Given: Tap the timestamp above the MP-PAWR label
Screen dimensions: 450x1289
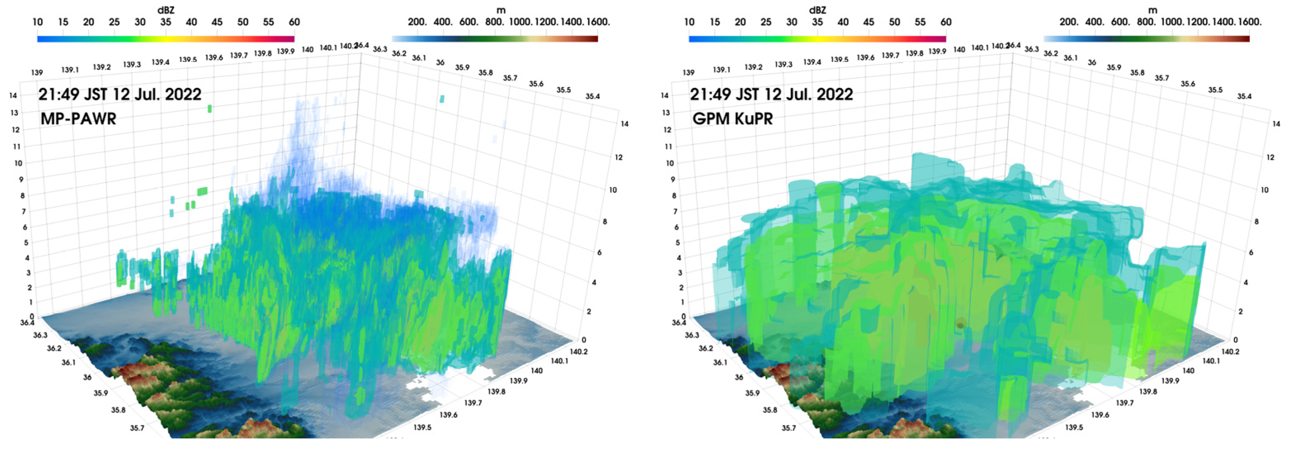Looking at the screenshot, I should tap(120, 94).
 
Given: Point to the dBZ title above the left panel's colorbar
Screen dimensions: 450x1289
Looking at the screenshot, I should tap(166, 9).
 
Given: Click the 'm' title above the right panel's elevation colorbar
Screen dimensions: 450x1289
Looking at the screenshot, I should tap(1152, 9).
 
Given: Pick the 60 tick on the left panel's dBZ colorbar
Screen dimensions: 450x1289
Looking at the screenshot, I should tap(294, 22).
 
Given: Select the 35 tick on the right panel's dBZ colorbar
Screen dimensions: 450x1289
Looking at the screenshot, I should tap(817, 22).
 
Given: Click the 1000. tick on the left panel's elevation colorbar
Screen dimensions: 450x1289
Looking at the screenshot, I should tap(521, 22).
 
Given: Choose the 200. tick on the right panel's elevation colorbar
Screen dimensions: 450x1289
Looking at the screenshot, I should tap(1069, 22).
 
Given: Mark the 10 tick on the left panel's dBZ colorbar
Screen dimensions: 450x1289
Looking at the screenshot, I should tap(38, 22).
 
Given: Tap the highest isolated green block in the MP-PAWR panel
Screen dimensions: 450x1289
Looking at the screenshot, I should tap(210, 109).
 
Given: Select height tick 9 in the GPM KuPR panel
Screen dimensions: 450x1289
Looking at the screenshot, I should tap(673, 179).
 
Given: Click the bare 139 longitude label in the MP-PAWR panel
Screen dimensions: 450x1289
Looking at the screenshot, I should tap(37, 73).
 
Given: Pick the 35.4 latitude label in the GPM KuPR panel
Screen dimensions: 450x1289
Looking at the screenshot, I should tap(1244, 96).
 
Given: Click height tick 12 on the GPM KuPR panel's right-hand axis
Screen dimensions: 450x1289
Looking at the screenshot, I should tap(1270, 157).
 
